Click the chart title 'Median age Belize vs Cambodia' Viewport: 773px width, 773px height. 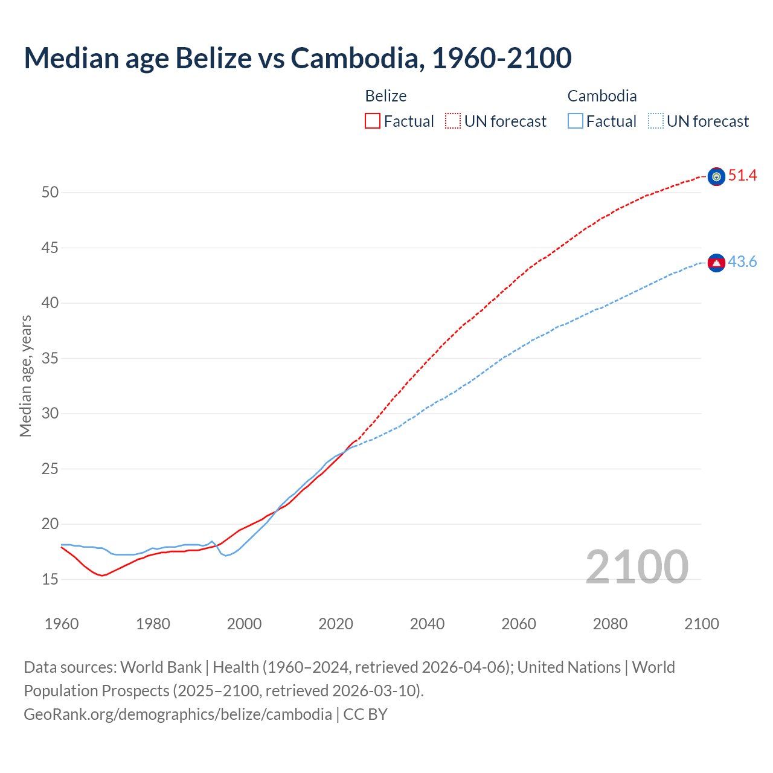click(297, 58)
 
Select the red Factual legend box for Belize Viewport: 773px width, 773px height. click(373, 121)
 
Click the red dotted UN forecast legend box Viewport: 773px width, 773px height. click(453, 121)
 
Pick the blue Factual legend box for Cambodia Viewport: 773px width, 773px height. click(575, 121)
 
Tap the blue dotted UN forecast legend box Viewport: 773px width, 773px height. click(655, 121)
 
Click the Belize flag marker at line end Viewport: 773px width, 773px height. click(716, 176)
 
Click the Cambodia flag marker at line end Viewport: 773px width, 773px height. click(716, 263)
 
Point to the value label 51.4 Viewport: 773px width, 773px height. click(742, 176)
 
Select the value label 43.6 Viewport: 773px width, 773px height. click(742, 262)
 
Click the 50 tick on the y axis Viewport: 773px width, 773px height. click(50, 193)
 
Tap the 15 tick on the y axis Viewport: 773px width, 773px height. click(50, 579)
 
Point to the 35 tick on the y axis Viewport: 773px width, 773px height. click(50, 358)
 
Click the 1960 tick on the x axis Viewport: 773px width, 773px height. click(62, 624)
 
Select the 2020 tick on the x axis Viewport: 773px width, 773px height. click(336, 624)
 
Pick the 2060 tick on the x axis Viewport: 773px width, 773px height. click(519, 624)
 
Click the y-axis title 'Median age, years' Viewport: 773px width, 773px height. click(25, 376)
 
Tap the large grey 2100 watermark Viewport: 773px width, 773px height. click(637, 567)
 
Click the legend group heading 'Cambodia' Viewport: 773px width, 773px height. click(602, 96)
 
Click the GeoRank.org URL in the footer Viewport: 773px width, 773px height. click(178, 714)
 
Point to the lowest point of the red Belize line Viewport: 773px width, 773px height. click(102, 576)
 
